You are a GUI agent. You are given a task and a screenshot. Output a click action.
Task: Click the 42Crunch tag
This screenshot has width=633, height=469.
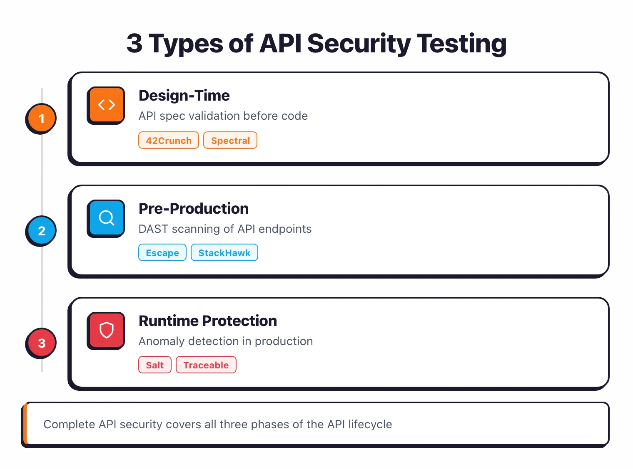pyautogui.click(x=169, y=141)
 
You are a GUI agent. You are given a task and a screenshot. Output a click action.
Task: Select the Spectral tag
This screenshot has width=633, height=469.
pyautogui.click(x=230, y=141)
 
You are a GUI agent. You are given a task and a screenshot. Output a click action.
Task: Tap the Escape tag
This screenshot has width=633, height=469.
pyautogui.click(x=162, y=253)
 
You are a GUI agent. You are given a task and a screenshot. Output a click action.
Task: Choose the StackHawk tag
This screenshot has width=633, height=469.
pyautogui.click(x=224, y=253)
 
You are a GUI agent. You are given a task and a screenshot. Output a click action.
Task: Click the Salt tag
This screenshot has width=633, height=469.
pyautogui.click(x=155, y=365)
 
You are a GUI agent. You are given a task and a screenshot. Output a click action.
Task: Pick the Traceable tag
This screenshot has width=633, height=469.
pyautogui.click(x=206, y=365)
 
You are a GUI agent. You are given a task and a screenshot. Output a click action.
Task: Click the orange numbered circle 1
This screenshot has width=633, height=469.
pyautogui.click(x=41, y=118)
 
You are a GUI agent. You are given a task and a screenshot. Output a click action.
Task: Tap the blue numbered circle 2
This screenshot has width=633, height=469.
pyautogui.click(x=41, y=231)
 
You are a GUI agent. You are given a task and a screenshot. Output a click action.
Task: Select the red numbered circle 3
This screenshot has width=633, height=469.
pyautogui.click(x=41, y=343)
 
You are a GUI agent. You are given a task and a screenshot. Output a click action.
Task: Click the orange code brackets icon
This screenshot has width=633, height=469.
pyautogui.click(x=106, y=105)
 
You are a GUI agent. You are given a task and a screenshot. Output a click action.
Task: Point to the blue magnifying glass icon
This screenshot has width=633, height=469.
pyautogui.click(x=106, y=217)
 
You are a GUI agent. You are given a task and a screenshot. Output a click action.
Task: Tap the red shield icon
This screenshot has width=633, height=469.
pyautogui.click(x=106, y=330)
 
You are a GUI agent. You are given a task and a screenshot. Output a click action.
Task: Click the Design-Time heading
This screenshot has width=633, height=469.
pyautogui.click(x=184, y=96)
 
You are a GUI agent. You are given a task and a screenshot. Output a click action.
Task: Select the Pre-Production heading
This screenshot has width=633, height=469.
pyautogui.click(x=194, y=209)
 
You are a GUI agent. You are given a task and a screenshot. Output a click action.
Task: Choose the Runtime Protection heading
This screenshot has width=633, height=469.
pyautogui.click(x=208, y=321)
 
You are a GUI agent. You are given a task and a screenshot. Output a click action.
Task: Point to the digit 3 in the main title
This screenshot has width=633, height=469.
pyautogui.click(x=134, y=44)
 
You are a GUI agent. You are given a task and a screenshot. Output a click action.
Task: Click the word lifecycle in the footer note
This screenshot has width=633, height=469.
pyautogui.click(x=370, y=425)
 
